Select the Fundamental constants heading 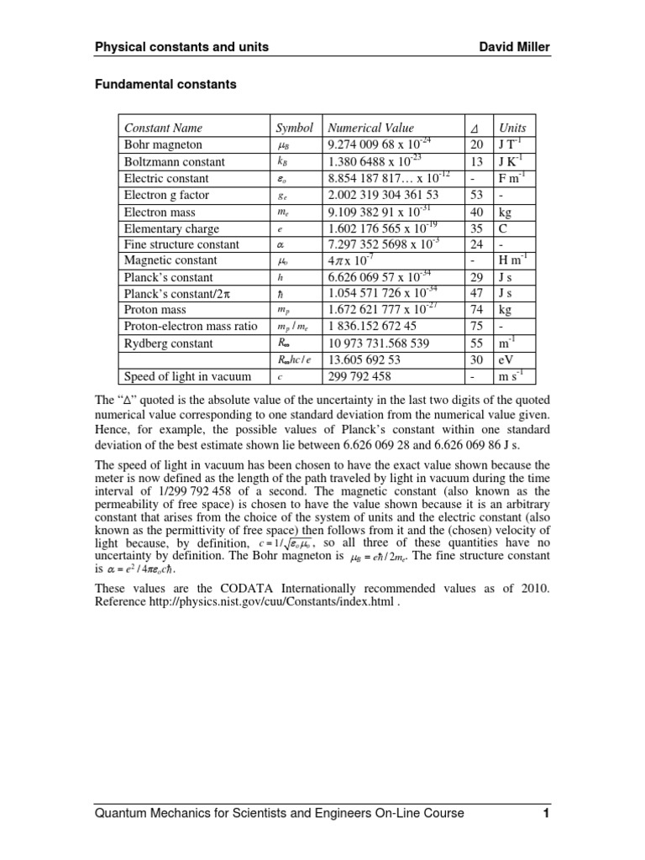(x=165, y=85)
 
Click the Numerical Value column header (x=370, y=128)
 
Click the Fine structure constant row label (x=181, y=244)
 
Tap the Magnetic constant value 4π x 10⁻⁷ (x=352, y=261)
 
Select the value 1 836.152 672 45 (x=372, y=326)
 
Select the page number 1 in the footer (x=545, y=814)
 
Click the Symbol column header (x=294, y=128)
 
